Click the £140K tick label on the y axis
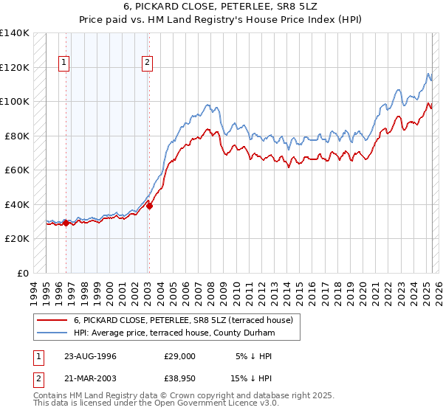[15, 33]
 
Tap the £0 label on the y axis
[23, 273]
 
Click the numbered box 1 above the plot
[65, 63]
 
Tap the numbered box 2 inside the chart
[148, 63]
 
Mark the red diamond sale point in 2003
[148, 206]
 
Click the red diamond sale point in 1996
[66, 223]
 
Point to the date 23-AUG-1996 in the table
[91, 355]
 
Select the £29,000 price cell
[180, 355]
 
